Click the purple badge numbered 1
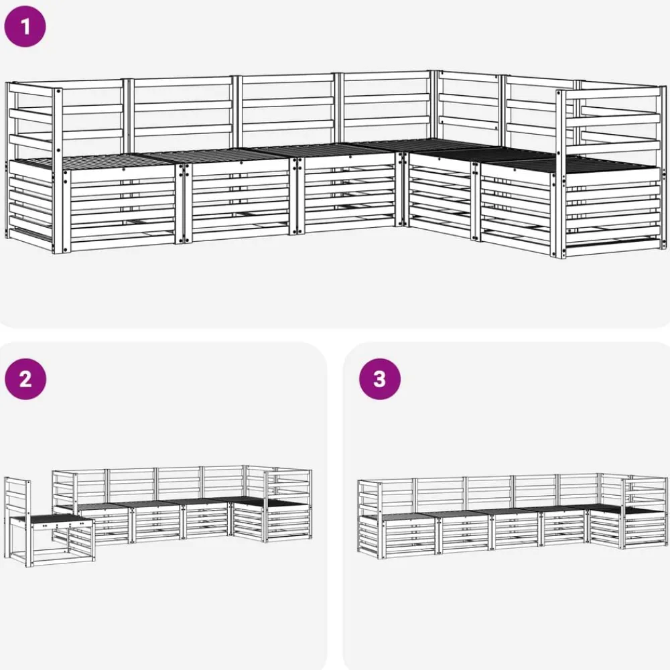pyautogui.click(x=25, y=27)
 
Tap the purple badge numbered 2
pyautogui.click(x=25, y=379)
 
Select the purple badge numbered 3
pyautogui.click(x=380, y=379)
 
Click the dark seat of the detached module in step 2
pyautogui.click(x=52, y=520)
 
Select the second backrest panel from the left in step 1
pyautogui.click(x=182, y=113)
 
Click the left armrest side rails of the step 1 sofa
pyautogui.click(x=31, y=162)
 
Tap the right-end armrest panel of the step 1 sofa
pyautogui.click(x=612, y=171)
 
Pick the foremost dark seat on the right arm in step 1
pyautogui.click(x=573, y=165)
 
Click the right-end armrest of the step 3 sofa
pyautogui.click(x=645, y=513)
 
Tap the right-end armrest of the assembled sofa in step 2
pyautogui.click(x=288, y=505)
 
